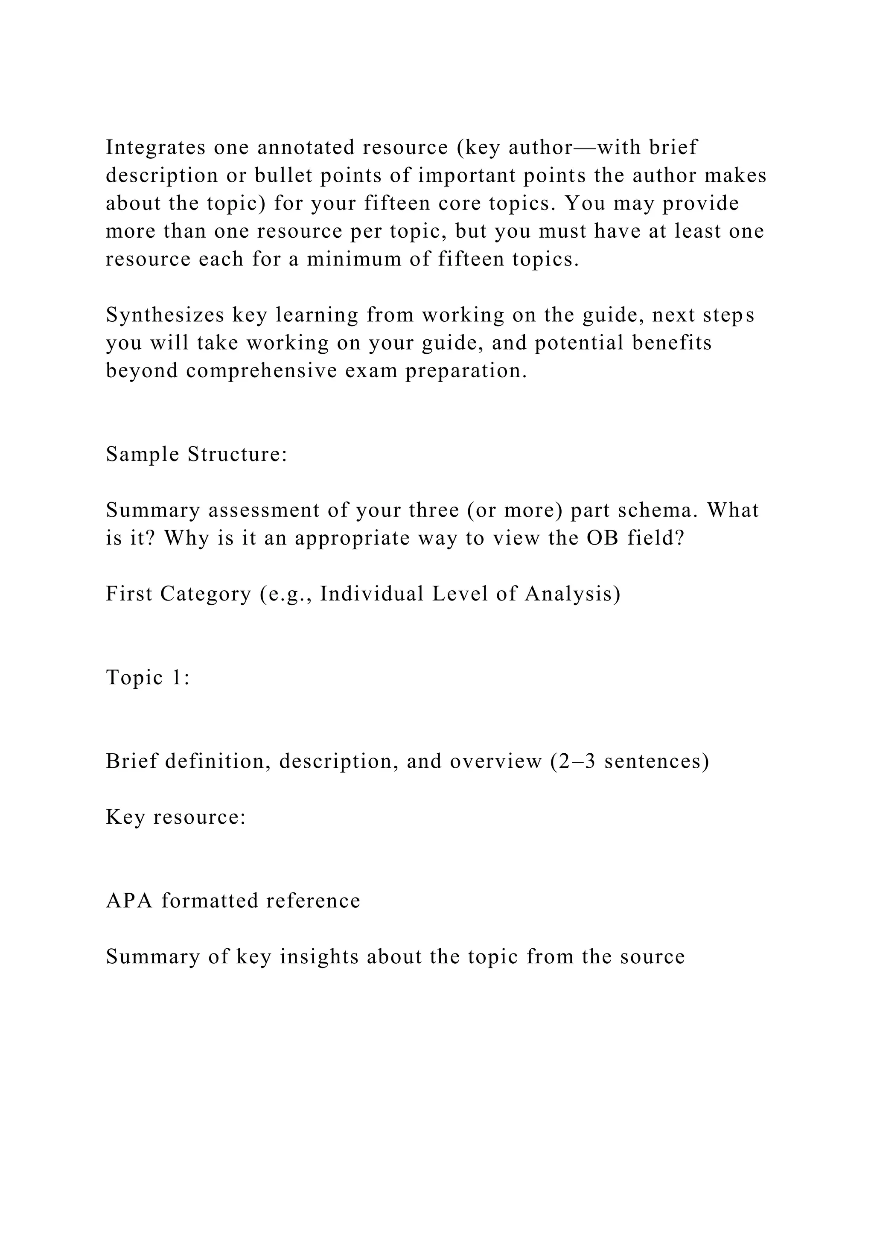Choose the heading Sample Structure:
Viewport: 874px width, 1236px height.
pos(196,455)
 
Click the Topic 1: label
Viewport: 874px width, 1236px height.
pos(148,677)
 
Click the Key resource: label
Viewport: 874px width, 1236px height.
pos(175,817)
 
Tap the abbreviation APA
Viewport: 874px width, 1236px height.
pos(130,901)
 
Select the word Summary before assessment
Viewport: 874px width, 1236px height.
pos(153,510)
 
